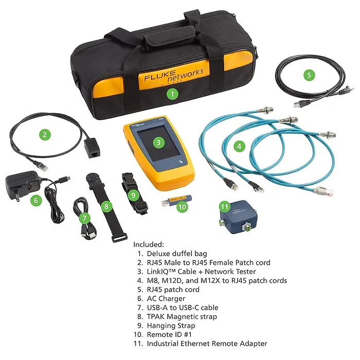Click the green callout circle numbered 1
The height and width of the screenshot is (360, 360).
173,94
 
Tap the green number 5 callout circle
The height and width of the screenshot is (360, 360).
309,75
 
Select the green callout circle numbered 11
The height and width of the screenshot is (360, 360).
224,206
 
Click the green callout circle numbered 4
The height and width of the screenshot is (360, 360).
239,146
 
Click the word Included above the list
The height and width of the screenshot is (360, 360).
148,244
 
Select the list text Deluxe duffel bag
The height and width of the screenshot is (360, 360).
178,254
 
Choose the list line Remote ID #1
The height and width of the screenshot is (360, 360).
170,334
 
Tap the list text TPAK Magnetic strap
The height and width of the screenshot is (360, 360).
182,316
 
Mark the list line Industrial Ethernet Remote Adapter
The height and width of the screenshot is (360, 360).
207,344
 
